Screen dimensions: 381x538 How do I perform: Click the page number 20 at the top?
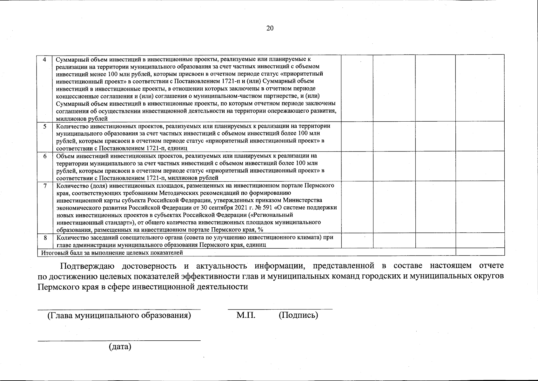point(270,28)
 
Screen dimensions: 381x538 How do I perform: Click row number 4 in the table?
point(44,60)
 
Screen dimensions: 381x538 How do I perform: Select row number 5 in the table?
point(45,126)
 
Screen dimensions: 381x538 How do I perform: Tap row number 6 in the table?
point(45,156)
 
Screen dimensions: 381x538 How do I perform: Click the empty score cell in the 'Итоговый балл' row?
point(480,252)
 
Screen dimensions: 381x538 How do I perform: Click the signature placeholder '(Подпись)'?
point(298,315)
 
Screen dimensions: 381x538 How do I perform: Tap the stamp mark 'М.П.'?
point(246,315)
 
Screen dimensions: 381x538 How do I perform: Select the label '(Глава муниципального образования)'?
point(119,315)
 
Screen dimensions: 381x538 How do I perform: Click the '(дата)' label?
point(120,346)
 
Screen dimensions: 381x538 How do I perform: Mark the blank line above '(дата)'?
point(119,340)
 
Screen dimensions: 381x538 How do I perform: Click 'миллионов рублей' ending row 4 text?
point(82,119)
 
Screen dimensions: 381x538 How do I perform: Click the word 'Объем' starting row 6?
point(64,156)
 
